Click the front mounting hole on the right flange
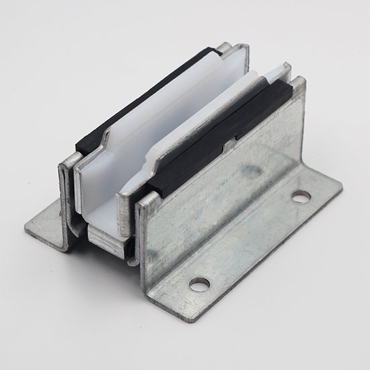coord(199,285)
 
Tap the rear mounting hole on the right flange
coord(301,196)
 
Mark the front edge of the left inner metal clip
coord(78,195)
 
